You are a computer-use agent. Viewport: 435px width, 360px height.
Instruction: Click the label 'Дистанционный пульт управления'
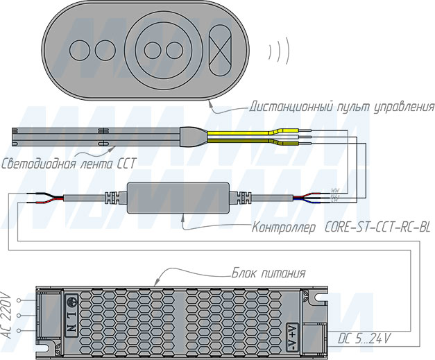(342, 107)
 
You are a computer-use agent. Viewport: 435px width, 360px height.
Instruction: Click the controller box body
(180, 197)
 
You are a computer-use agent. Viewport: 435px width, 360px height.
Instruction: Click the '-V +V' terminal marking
(297, 335)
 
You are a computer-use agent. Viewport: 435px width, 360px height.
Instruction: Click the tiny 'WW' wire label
(334, 189)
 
